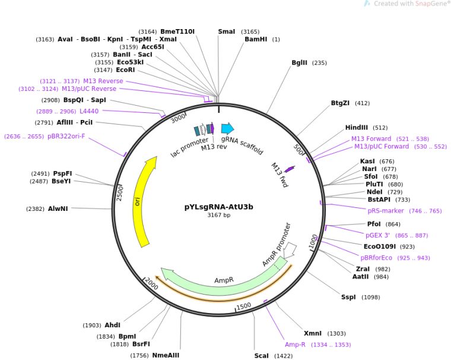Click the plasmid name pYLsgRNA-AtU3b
click(218, 207)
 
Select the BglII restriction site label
click(300, 63)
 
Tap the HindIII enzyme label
click(357, 128)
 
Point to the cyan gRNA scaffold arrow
click(227, 128)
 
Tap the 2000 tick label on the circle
click(151, 284)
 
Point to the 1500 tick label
click(244, 306)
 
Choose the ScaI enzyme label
click(262, 356)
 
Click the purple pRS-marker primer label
click(386, 211)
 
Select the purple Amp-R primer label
click(295, 345)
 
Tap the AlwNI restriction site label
click(58, 209)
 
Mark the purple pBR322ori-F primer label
click(66, 136)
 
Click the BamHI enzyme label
click(256, 39)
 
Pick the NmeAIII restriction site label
click(166, 356)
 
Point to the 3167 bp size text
click(219, 215)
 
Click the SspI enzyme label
click(348, 297)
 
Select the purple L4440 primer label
click(89, 111)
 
